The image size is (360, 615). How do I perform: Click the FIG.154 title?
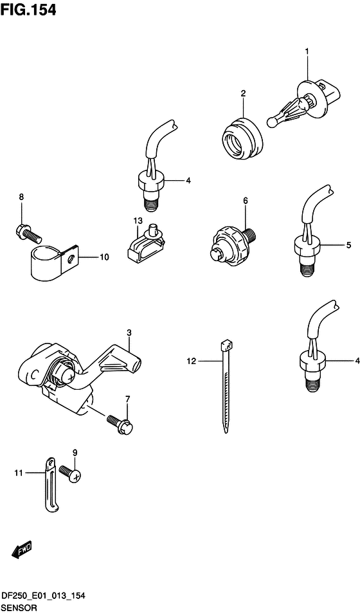(x=28, y=10)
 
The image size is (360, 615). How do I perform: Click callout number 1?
(x=307, y=51)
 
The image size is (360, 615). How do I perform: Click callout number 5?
(x=348, y=246)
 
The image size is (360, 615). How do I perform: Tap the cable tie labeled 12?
(x=226, y=387)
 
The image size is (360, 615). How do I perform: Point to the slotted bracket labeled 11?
(x=50, y=485)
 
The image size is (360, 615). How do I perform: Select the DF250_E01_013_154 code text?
(x=42, y=598)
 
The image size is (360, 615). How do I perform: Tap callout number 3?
(x=129, y=333)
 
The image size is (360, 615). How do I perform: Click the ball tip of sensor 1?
(x=271, y=122)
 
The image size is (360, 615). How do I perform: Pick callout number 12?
(x=191, y=362)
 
